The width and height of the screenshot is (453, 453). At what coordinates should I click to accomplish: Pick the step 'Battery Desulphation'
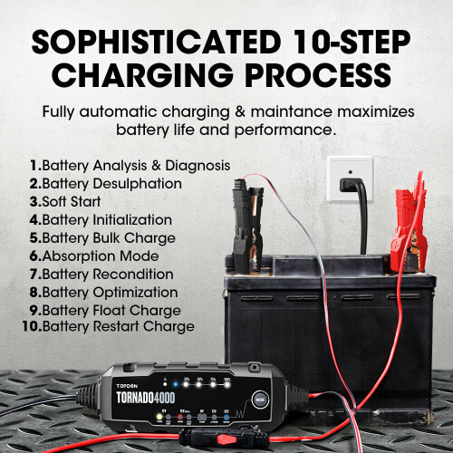(111, 184)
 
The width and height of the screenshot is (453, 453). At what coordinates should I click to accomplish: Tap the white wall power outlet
(349, 182)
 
